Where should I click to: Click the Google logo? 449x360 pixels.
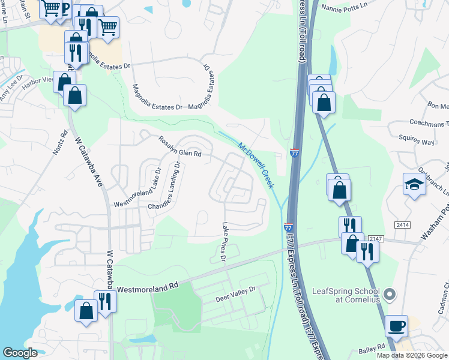click(x=20, y=353)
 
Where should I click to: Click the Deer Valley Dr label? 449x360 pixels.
click(x=235, y=293)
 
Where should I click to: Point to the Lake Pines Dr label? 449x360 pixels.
click(x=223, y=242)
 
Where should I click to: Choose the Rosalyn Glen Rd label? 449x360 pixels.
click(x=179, y=147)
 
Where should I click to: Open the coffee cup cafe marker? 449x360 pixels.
click(x=396, y=326)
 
